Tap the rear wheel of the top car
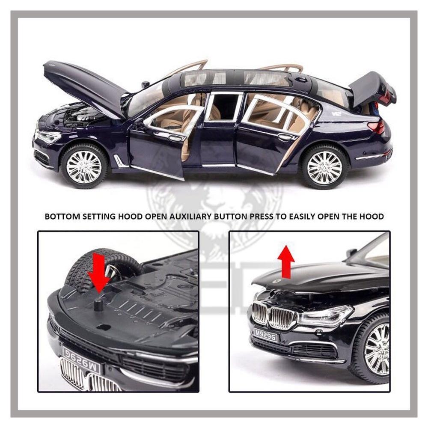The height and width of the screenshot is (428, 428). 324,167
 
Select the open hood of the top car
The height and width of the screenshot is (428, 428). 81,83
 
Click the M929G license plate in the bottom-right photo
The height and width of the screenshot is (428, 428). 265,334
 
